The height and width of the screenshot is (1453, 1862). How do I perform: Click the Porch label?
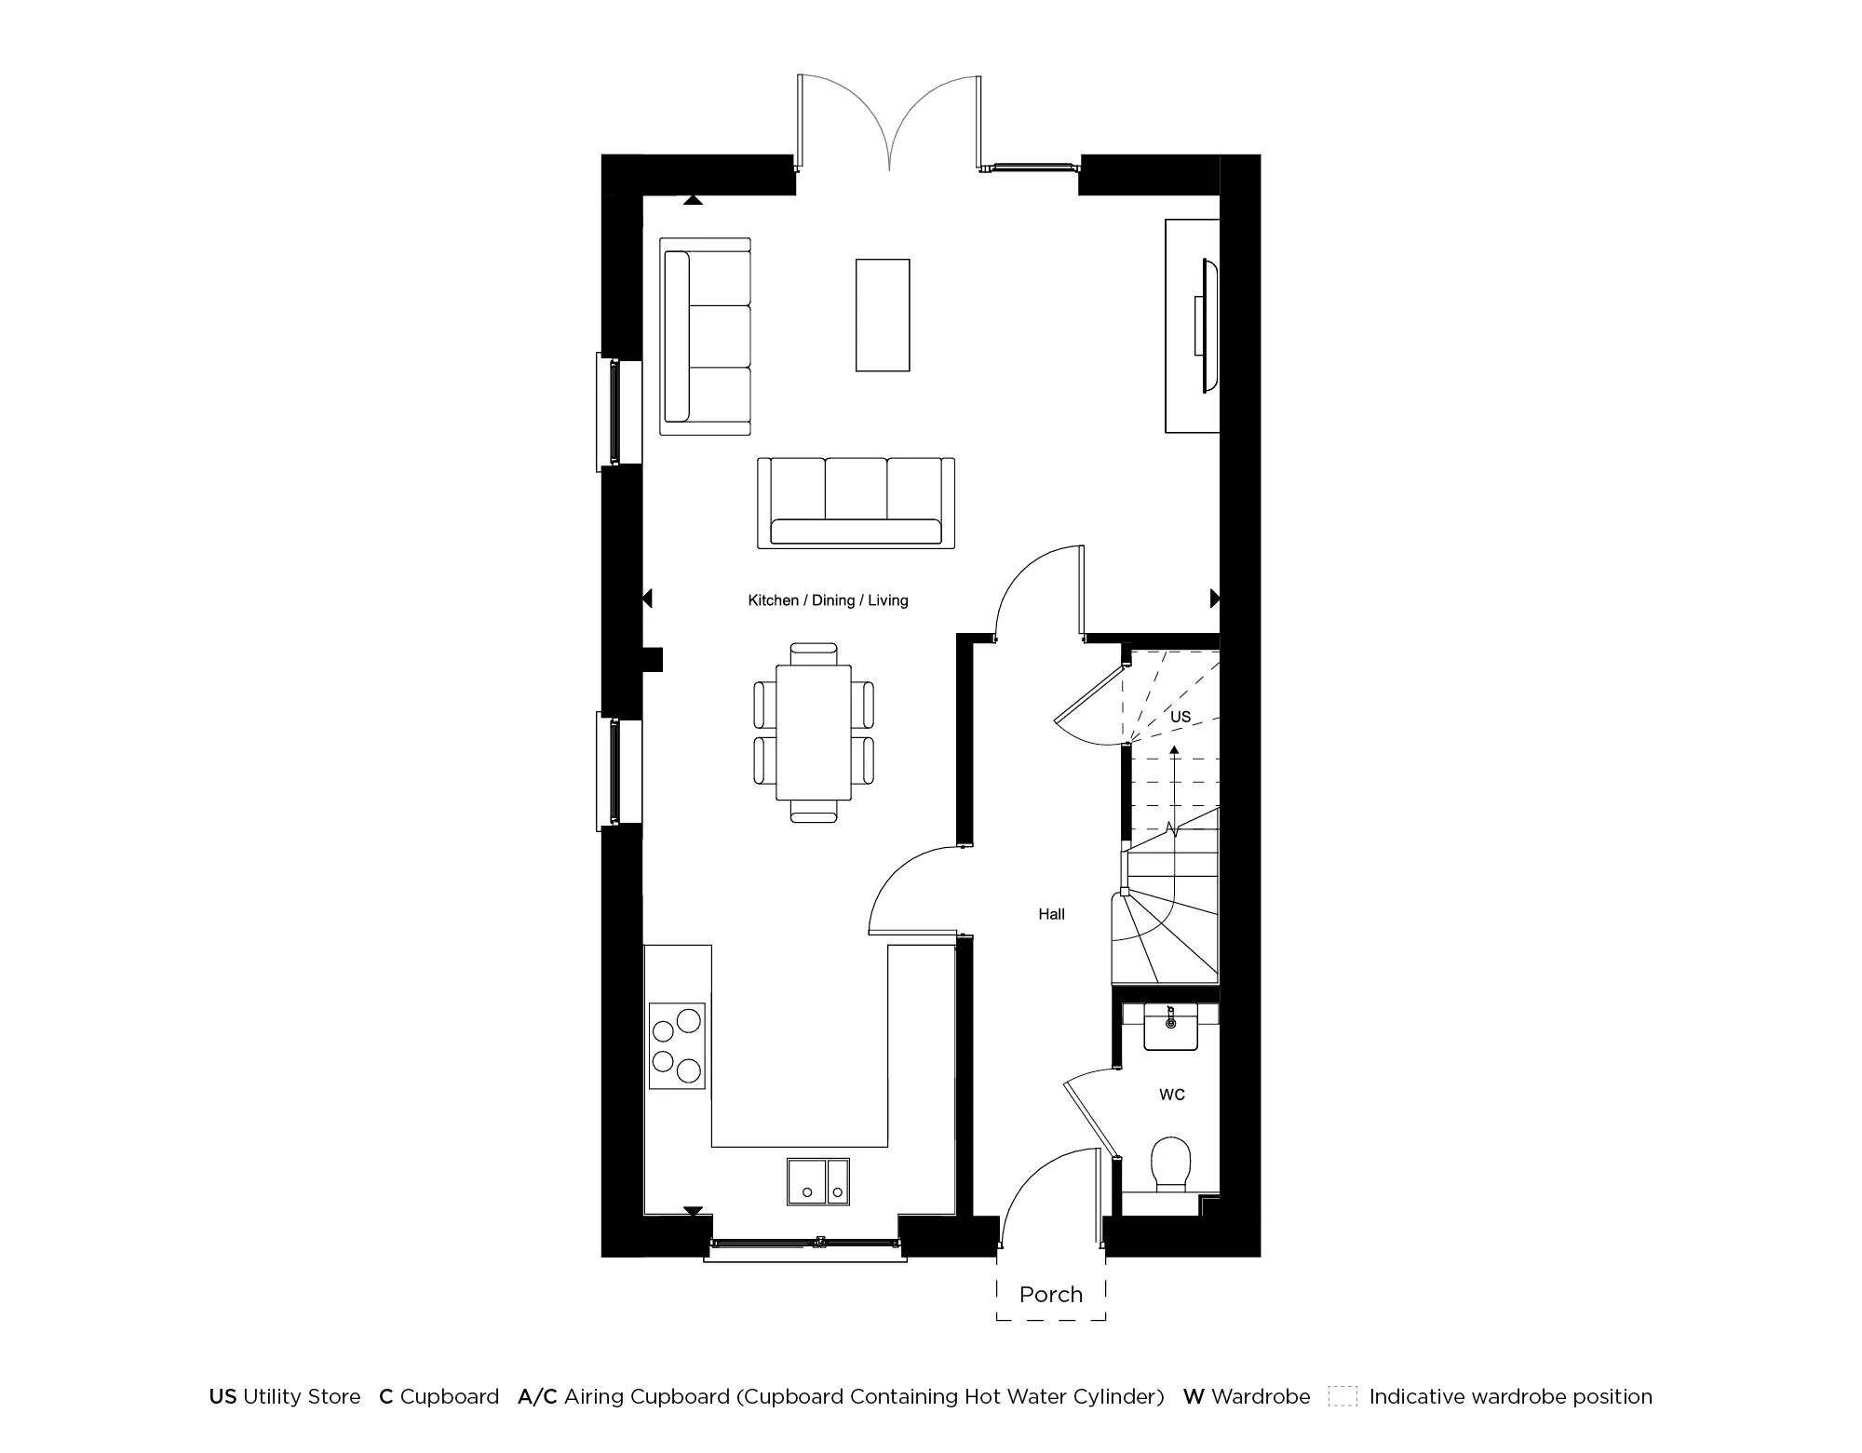pos(1051,1295)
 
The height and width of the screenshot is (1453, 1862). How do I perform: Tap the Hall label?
pos(1051,914)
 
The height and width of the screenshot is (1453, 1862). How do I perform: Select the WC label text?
pos(1172,1095)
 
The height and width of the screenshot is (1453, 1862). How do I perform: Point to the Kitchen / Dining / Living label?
pos(828,600)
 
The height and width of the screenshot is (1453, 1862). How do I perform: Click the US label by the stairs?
pos(1180,717)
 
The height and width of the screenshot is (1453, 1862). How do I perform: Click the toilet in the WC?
pos(1170,1163)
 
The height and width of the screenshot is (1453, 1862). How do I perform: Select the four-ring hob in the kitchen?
pos(677,1046)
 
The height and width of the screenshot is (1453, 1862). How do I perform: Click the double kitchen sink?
pos(818,1181)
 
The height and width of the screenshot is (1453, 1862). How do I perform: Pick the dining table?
pos(814,732)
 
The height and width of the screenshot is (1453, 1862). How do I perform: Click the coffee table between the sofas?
pos(883,316)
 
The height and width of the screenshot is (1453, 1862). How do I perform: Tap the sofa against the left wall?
pos(706,336)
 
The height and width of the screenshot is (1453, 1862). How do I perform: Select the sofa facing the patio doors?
pos(856,504)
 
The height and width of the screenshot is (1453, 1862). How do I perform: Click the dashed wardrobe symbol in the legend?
pos(1342,1397)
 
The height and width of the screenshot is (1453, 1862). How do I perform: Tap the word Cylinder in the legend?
pos(1122,1397)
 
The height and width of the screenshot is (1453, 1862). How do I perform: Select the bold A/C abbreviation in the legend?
pos(537,1397)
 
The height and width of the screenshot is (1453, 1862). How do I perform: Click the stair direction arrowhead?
pos(1174,749)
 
